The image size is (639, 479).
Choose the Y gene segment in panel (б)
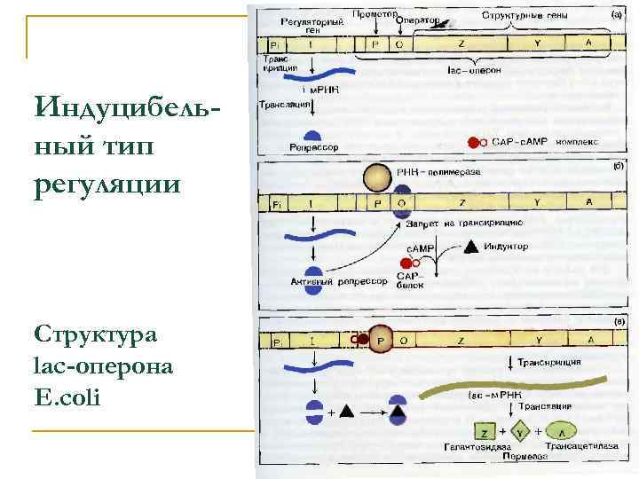coord(537,203)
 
